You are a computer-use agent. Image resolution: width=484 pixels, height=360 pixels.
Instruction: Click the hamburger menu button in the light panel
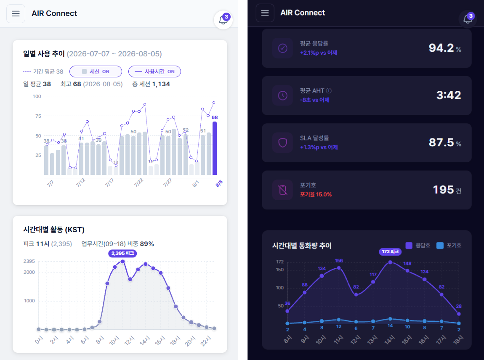coord(16,13)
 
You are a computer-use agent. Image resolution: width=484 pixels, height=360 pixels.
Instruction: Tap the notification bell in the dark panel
coord(468,19)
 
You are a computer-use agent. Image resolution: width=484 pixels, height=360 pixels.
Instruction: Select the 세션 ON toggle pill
coord(96,71)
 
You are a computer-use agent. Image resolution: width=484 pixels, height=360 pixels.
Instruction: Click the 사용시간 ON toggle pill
coord(154,71)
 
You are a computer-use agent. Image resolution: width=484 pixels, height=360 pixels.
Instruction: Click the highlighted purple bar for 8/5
coord(215,148)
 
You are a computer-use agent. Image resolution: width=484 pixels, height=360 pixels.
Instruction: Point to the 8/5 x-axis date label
coord(219,183)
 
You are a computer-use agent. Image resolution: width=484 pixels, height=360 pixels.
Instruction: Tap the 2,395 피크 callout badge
coord(122,253)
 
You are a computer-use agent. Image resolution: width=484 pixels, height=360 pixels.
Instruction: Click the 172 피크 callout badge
coord(390,251)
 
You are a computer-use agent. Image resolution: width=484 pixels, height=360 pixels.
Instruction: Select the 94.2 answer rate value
coord(441,48)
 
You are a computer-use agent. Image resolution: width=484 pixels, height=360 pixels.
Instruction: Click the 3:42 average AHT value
coord(449,95)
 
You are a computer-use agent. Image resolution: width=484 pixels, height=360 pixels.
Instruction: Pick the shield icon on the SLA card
coord(283,143)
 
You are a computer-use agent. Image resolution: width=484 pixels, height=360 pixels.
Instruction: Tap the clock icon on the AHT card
coord(283,95)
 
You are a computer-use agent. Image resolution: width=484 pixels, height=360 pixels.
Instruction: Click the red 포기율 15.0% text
coord(316,194)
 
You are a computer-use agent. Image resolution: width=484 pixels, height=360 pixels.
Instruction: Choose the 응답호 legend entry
coord(418,246)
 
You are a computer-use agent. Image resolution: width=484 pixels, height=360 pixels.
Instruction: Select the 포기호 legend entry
coord(449,246)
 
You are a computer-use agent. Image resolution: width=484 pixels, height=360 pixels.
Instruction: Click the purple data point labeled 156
coord(339,268)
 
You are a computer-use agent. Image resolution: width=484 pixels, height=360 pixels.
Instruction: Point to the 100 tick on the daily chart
coord(37,96)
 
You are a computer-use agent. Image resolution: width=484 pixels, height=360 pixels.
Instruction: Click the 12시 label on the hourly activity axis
coord(129,340)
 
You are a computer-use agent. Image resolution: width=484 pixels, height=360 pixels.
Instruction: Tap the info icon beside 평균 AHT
coord(329,91)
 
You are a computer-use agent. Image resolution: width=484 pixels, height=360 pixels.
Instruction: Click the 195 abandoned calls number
coord(443,190)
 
